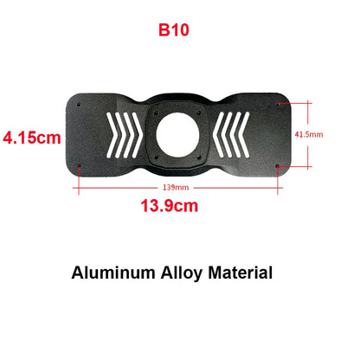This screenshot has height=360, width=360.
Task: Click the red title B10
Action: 173,29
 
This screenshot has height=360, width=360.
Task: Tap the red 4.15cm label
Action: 33,137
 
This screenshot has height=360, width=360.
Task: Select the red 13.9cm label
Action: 170,206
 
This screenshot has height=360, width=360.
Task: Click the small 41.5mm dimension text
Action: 309,135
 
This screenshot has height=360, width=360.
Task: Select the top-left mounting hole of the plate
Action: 80,106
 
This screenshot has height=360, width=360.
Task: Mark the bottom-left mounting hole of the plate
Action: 80,166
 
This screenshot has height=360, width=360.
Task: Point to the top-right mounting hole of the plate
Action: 277,106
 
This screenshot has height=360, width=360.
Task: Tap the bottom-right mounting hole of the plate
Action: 277,165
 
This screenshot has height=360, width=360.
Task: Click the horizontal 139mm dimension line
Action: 130,183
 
